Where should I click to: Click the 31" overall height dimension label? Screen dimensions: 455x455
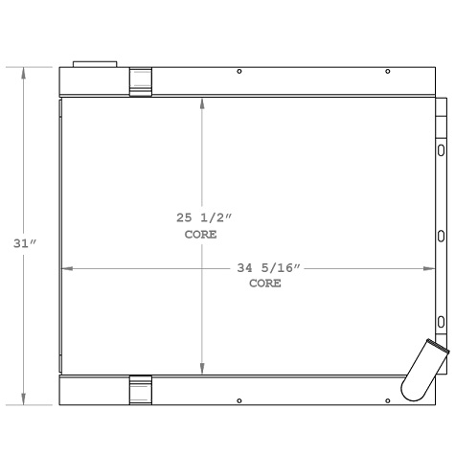click(x=25, y=243)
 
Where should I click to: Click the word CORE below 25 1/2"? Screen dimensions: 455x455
click(x=200, y=234)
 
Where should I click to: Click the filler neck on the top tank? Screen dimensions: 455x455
click(x=95, y=66)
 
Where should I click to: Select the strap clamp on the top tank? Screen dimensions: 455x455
click(x=141, y=81)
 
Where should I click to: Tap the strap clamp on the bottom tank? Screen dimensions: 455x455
click(x=141, y=390)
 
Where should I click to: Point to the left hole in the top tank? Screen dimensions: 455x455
click(x=239, y=72)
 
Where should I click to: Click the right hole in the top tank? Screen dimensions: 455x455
click(x=387, y=72)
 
